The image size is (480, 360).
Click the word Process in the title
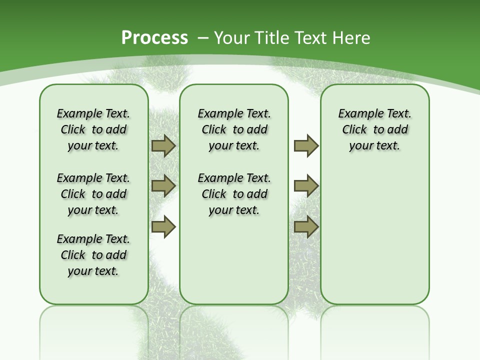pos(154,38)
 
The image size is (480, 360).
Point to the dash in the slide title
pos(203,38)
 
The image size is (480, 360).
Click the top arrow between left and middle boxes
pos(163,146)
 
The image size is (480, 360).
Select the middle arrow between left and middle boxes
pos(163,186)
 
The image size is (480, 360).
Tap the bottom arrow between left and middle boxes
pos(163,226)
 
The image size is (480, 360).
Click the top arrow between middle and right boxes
pos(306,146)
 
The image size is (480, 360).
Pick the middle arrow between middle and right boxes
pos(306,186)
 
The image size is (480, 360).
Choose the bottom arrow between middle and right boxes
pos(306,226)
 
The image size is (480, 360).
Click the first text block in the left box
pos(93,129)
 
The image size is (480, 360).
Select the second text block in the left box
pos(93,194)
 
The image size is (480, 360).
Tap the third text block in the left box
pos(93,255)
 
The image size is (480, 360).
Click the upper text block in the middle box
pos(234,129)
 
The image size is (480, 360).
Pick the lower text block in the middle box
pos(234,194)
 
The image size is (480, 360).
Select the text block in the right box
pos(375,129)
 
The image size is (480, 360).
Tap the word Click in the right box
pos(354,130)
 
